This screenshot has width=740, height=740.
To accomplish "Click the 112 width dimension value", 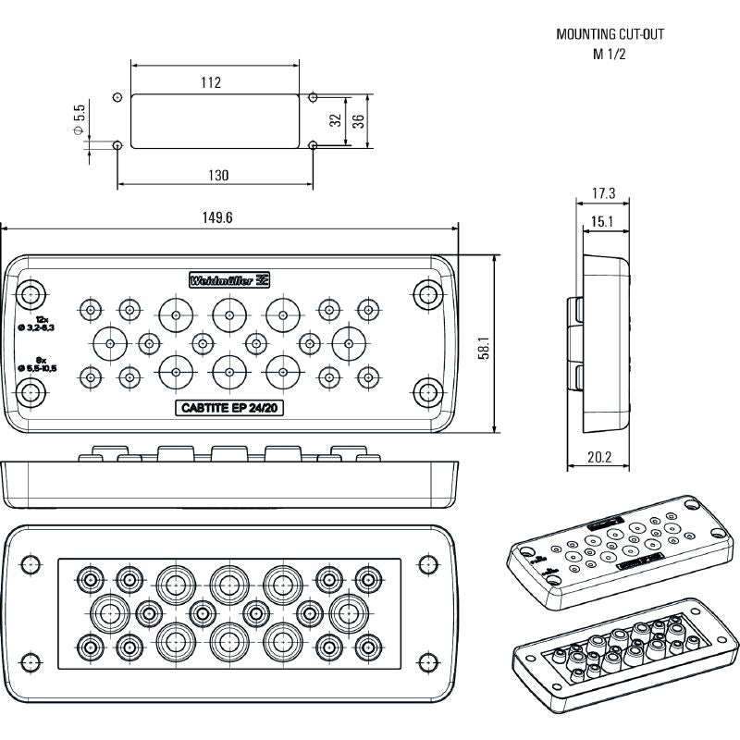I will (211, 83).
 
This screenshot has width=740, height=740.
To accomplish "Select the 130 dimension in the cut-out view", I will (218, 175).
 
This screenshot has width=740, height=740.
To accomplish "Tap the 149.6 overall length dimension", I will (217, 217).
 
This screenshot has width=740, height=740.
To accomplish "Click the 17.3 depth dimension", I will (603, 194).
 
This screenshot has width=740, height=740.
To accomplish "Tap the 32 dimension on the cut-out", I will (335, 118).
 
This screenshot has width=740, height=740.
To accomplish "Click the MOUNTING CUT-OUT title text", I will (610, 34).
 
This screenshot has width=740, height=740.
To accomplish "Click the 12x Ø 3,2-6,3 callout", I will (38, 323).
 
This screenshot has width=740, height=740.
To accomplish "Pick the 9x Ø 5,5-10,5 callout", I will (38, 364).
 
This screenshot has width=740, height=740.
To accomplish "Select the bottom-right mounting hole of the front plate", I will (426, 391).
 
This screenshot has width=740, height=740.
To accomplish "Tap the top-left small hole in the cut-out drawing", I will (117, 97).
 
